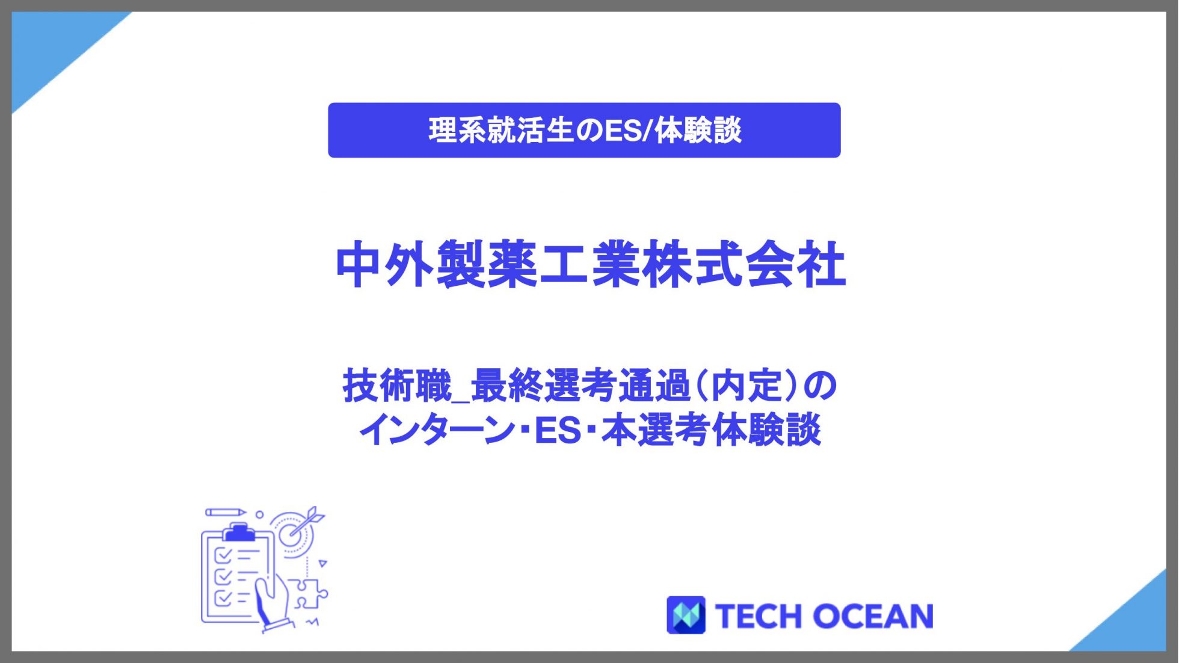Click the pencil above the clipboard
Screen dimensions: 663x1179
[226, 513]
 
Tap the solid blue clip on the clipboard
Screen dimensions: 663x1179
[239, 532]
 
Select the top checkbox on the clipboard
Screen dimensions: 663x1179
[223, 554]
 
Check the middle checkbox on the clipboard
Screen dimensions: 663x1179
[223, 576]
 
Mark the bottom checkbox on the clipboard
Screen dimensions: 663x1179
[223, 598]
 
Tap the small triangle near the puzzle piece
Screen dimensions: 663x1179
[323, 564]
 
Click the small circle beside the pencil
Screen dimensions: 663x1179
[259, 514]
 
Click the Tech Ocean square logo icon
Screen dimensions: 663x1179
[686, 615]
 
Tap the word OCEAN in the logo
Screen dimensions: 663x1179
[873, 617]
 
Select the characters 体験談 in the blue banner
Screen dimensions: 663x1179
[698, 131]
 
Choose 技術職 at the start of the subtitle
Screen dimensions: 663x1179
[397, 386]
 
